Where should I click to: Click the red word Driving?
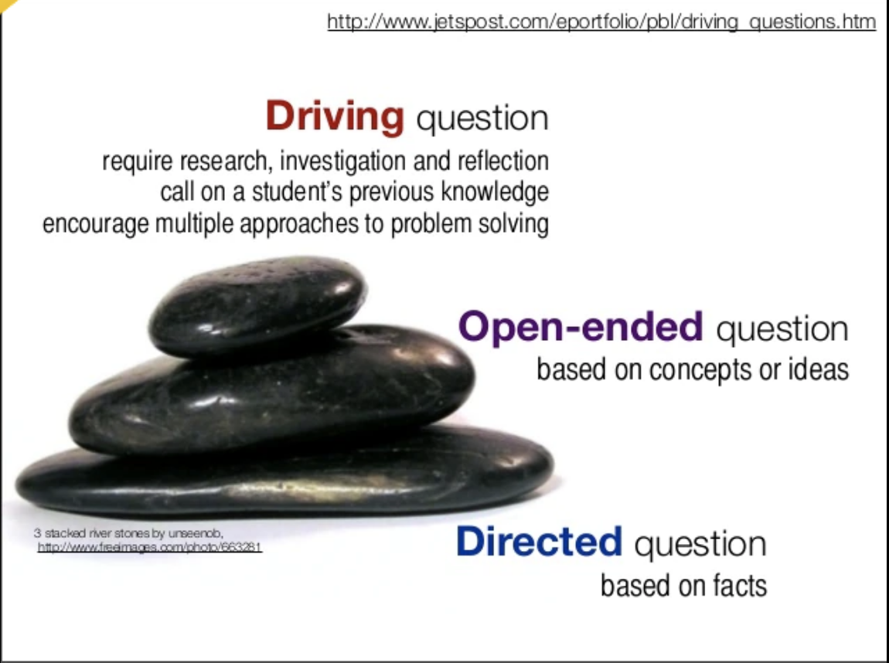coord(335,117)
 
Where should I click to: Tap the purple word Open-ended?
coord(581,327)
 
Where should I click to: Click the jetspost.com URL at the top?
coord(601,22)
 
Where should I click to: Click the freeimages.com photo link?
coord(150,547)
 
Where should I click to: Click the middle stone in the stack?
coord(272,391)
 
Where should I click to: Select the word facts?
coord(740,586)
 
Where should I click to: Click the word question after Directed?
coord(700,544)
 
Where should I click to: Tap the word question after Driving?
coord(482,119)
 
